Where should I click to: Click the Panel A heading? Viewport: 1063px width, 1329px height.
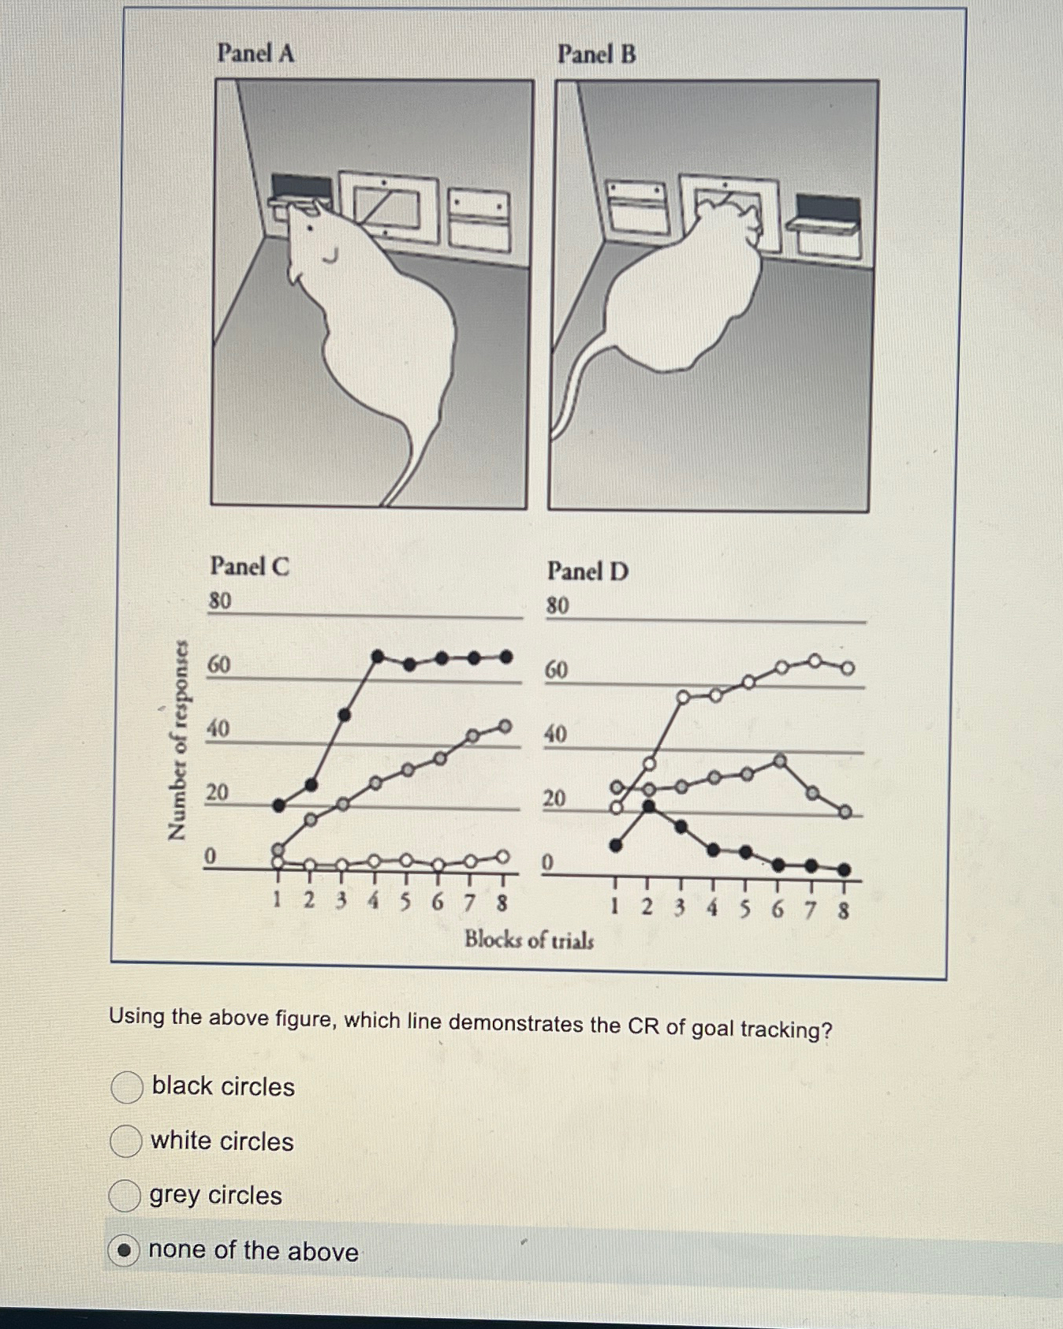coord(255,53)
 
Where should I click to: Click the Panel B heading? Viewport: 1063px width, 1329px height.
coord(596,54)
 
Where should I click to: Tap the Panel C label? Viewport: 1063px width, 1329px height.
coord(249,566)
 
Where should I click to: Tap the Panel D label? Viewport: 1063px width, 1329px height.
coord(587,571)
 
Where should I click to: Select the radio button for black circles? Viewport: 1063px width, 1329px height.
coord(126,1086)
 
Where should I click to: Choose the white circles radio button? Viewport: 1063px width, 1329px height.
coord(125,1141)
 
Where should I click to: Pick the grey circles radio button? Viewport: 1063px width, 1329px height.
coord(125,1195)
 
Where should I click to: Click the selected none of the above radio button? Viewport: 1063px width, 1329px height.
coord(124,1250)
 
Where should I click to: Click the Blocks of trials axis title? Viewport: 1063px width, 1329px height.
coord(528,940)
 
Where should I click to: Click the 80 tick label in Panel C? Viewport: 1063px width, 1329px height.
coord(220,601)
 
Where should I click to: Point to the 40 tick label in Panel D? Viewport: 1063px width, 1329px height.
coord(555,734)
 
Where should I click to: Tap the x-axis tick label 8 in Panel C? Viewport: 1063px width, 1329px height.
coord(502,903)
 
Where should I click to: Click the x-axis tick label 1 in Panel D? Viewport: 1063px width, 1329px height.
coord(614,906)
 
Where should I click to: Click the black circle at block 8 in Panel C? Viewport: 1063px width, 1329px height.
coord(506,657)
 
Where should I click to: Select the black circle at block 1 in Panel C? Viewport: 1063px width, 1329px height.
coord(278,805)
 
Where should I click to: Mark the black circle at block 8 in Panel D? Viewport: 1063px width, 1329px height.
coord(844,870)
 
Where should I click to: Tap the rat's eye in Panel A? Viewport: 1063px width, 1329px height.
coord(311,229)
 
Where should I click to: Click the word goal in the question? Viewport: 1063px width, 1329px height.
coord(712,1028)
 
